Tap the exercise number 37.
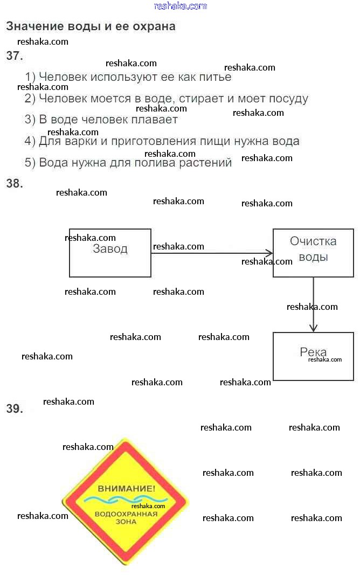pyautogui.click(x=15, y=56)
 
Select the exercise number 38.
pyautogui.click(x=15, y=184)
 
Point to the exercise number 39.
pyautogui.click(x=15, y=409)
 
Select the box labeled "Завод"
pyautogui.click(x=110, y=253)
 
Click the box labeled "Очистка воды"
pyautogui.click(x=313, y=253)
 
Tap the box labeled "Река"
pyautogui.click(x=313, y=356)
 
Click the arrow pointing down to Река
pyautogui.click(x=313, y=304)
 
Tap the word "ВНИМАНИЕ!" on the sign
pyautogui.click(x=126, y=488)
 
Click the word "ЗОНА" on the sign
pyautogui.click(x=126, y=522)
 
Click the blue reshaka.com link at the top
pyautogui.click(x=180, y=6)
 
